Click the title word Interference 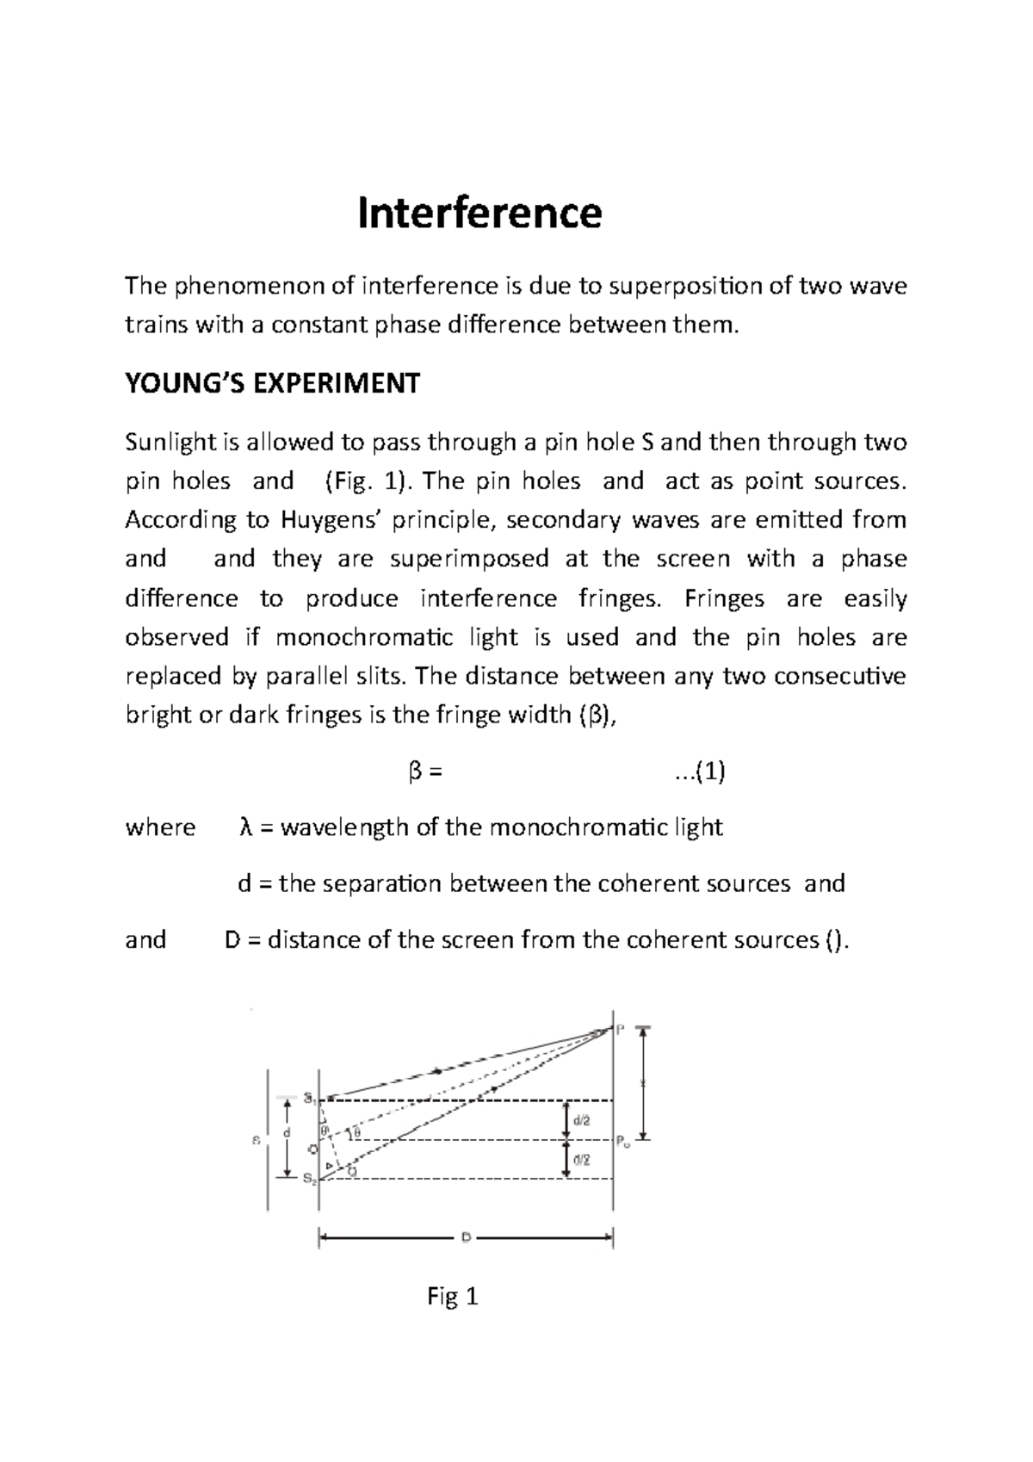coord(479,213)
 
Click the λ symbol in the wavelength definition coord(244,827)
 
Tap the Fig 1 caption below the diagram coord(452,1297)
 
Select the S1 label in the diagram coord(309,1099)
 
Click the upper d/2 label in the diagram coord(583,1120)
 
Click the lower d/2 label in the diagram coord(583,1160)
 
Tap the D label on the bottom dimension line coord(465,1237)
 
